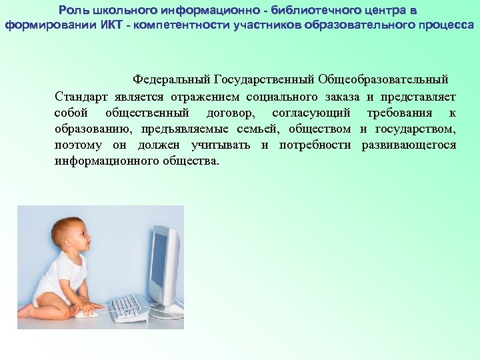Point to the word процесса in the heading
[448, 25]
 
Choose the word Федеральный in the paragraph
[171, 80]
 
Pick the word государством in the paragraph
[416, 129]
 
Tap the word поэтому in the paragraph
[75, 145]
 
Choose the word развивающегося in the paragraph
[409, 145]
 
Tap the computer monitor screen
[159, 260]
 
